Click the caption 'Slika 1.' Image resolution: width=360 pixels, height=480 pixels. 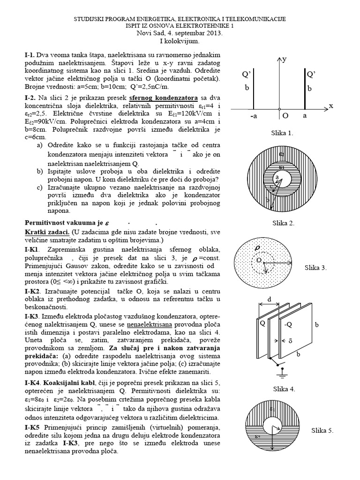pyautogui.click(x=282, y=133)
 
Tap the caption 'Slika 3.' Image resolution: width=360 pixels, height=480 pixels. pyautogui.click(x=315, y=268)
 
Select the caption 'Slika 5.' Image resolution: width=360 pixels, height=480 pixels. pyautogui.click(x=322, y=430)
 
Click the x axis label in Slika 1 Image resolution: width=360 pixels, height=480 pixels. pyautogui.click(x=330, y=106)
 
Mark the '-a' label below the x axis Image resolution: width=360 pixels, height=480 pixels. pyautogui.click(x=253, y=115)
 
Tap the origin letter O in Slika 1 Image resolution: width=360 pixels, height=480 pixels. pyautogui.click(x=285, y=115)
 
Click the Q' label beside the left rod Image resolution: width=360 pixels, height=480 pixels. pyautogui.click(x=246, y=75)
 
